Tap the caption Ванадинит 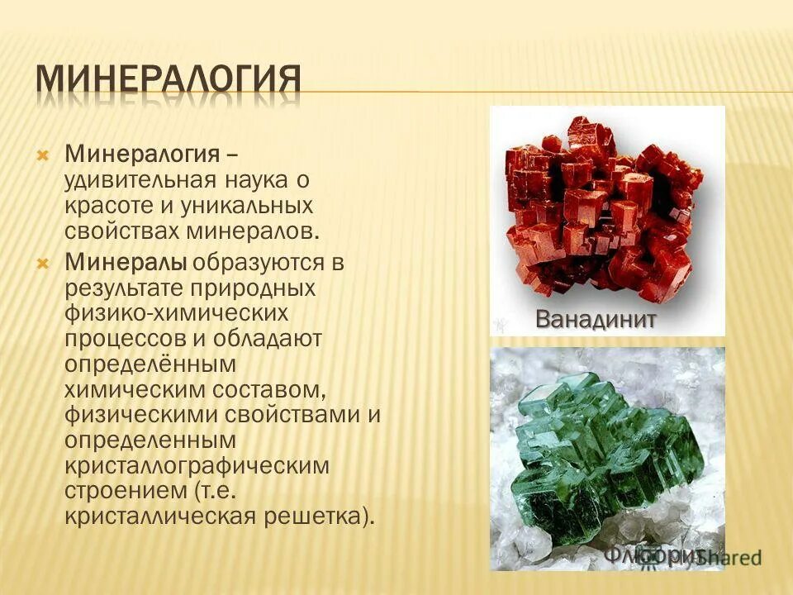[596, 319]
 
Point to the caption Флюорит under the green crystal [653, 555]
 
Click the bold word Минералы [126, 264]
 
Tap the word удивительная [140, 179]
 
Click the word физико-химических [178, 313]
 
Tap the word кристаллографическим [197, 465]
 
